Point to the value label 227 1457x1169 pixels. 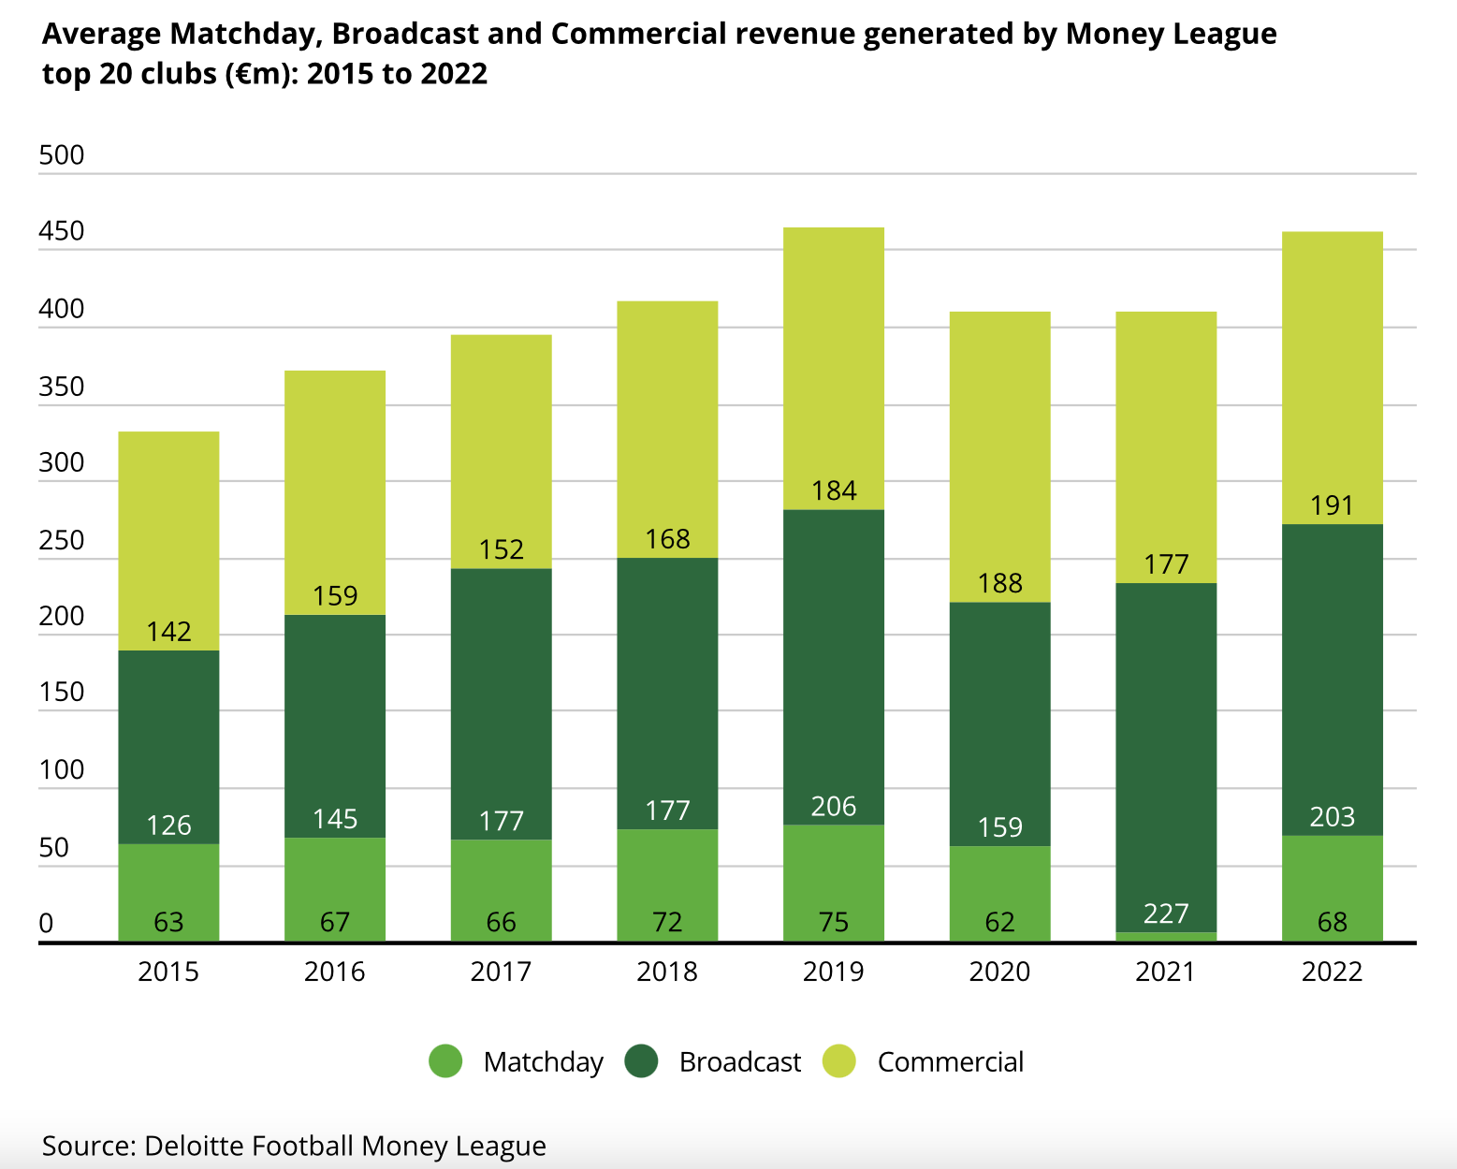1166,913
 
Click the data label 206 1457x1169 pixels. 834,806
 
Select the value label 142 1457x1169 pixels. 168,632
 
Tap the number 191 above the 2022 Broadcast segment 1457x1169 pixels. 1332,505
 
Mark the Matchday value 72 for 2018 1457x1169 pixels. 667,923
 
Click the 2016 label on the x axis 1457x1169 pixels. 335,972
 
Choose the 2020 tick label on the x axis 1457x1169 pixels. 999,972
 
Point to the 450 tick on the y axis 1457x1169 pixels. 62,231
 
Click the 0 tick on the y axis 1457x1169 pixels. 46,924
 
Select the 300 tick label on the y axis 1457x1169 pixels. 62,462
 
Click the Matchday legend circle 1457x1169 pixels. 445,1061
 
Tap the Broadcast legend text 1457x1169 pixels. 739,1062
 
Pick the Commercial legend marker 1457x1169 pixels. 839,1061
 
